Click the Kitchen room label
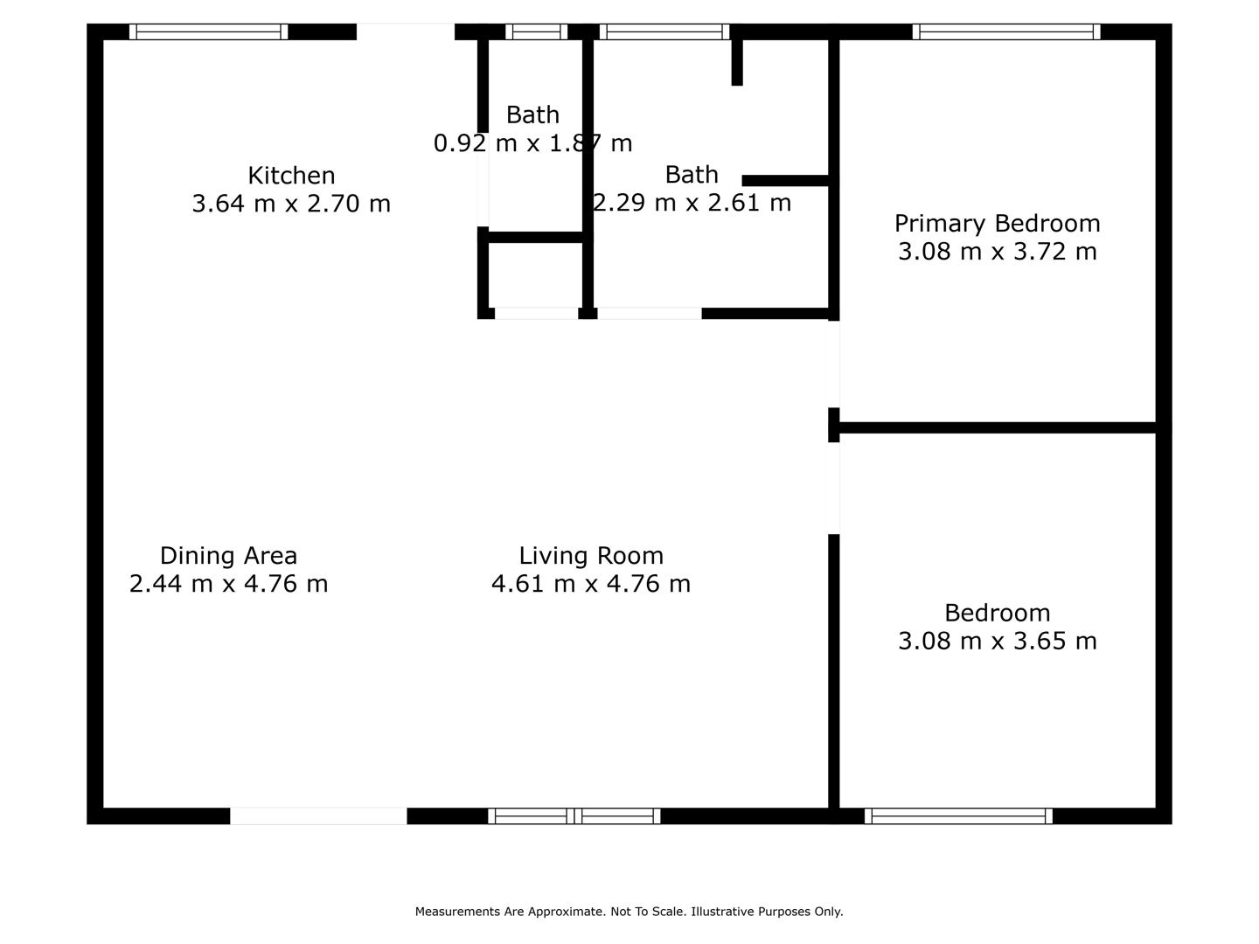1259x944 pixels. pyautogui.click(x=291, y=176)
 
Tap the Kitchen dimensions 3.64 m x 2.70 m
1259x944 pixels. pyautogui.click(x=291, y=204)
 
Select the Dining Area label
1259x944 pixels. pyautogui.click(x=228, y=555)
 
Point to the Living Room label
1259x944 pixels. pyautogui.click(x=591, y=555)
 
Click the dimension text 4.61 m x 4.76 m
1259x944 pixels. pyautogui.click(x=591, y=584)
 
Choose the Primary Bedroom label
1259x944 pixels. pyautogui.click(x=998, y=224)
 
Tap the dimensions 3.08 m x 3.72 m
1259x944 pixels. pyautogui.click(x=998, y=252)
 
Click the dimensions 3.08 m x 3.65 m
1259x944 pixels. pyautogui.click(x=998, y=641)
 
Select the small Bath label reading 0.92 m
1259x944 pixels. pyautogui.click(x=532, y=115)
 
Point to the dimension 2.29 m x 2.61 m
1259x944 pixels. pyautogui.click(x=692, y=203)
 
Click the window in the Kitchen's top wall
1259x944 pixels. pyautogui.click(x=208, y=31)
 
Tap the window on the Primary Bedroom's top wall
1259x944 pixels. pyautogui.click(x=1006, y=31)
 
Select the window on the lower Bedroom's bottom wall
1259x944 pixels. pyautogui.click(x=958, y=816)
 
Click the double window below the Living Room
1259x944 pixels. pyautogui.click(x=574, y=816)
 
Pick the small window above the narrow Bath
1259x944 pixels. pyautogui.click(x=536, y=31)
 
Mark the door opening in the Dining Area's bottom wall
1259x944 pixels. pyautogui.click(x=318, y=816)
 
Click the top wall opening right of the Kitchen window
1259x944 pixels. pyautogui.click(x=406, y=31)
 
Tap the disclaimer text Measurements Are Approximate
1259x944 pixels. pyautogui.click(x=510, y=912)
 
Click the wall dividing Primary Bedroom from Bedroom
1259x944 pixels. pyautogui.click(x=998, y=427)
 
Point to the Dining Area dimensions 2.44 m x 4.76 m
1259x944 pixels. pyautogui.click(x=228, y=584)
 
